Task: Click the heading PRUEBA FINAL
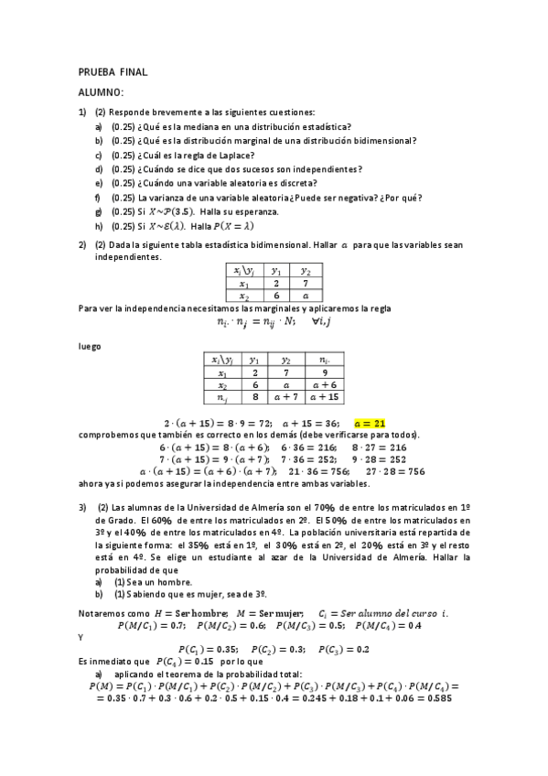click(113, 71)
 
